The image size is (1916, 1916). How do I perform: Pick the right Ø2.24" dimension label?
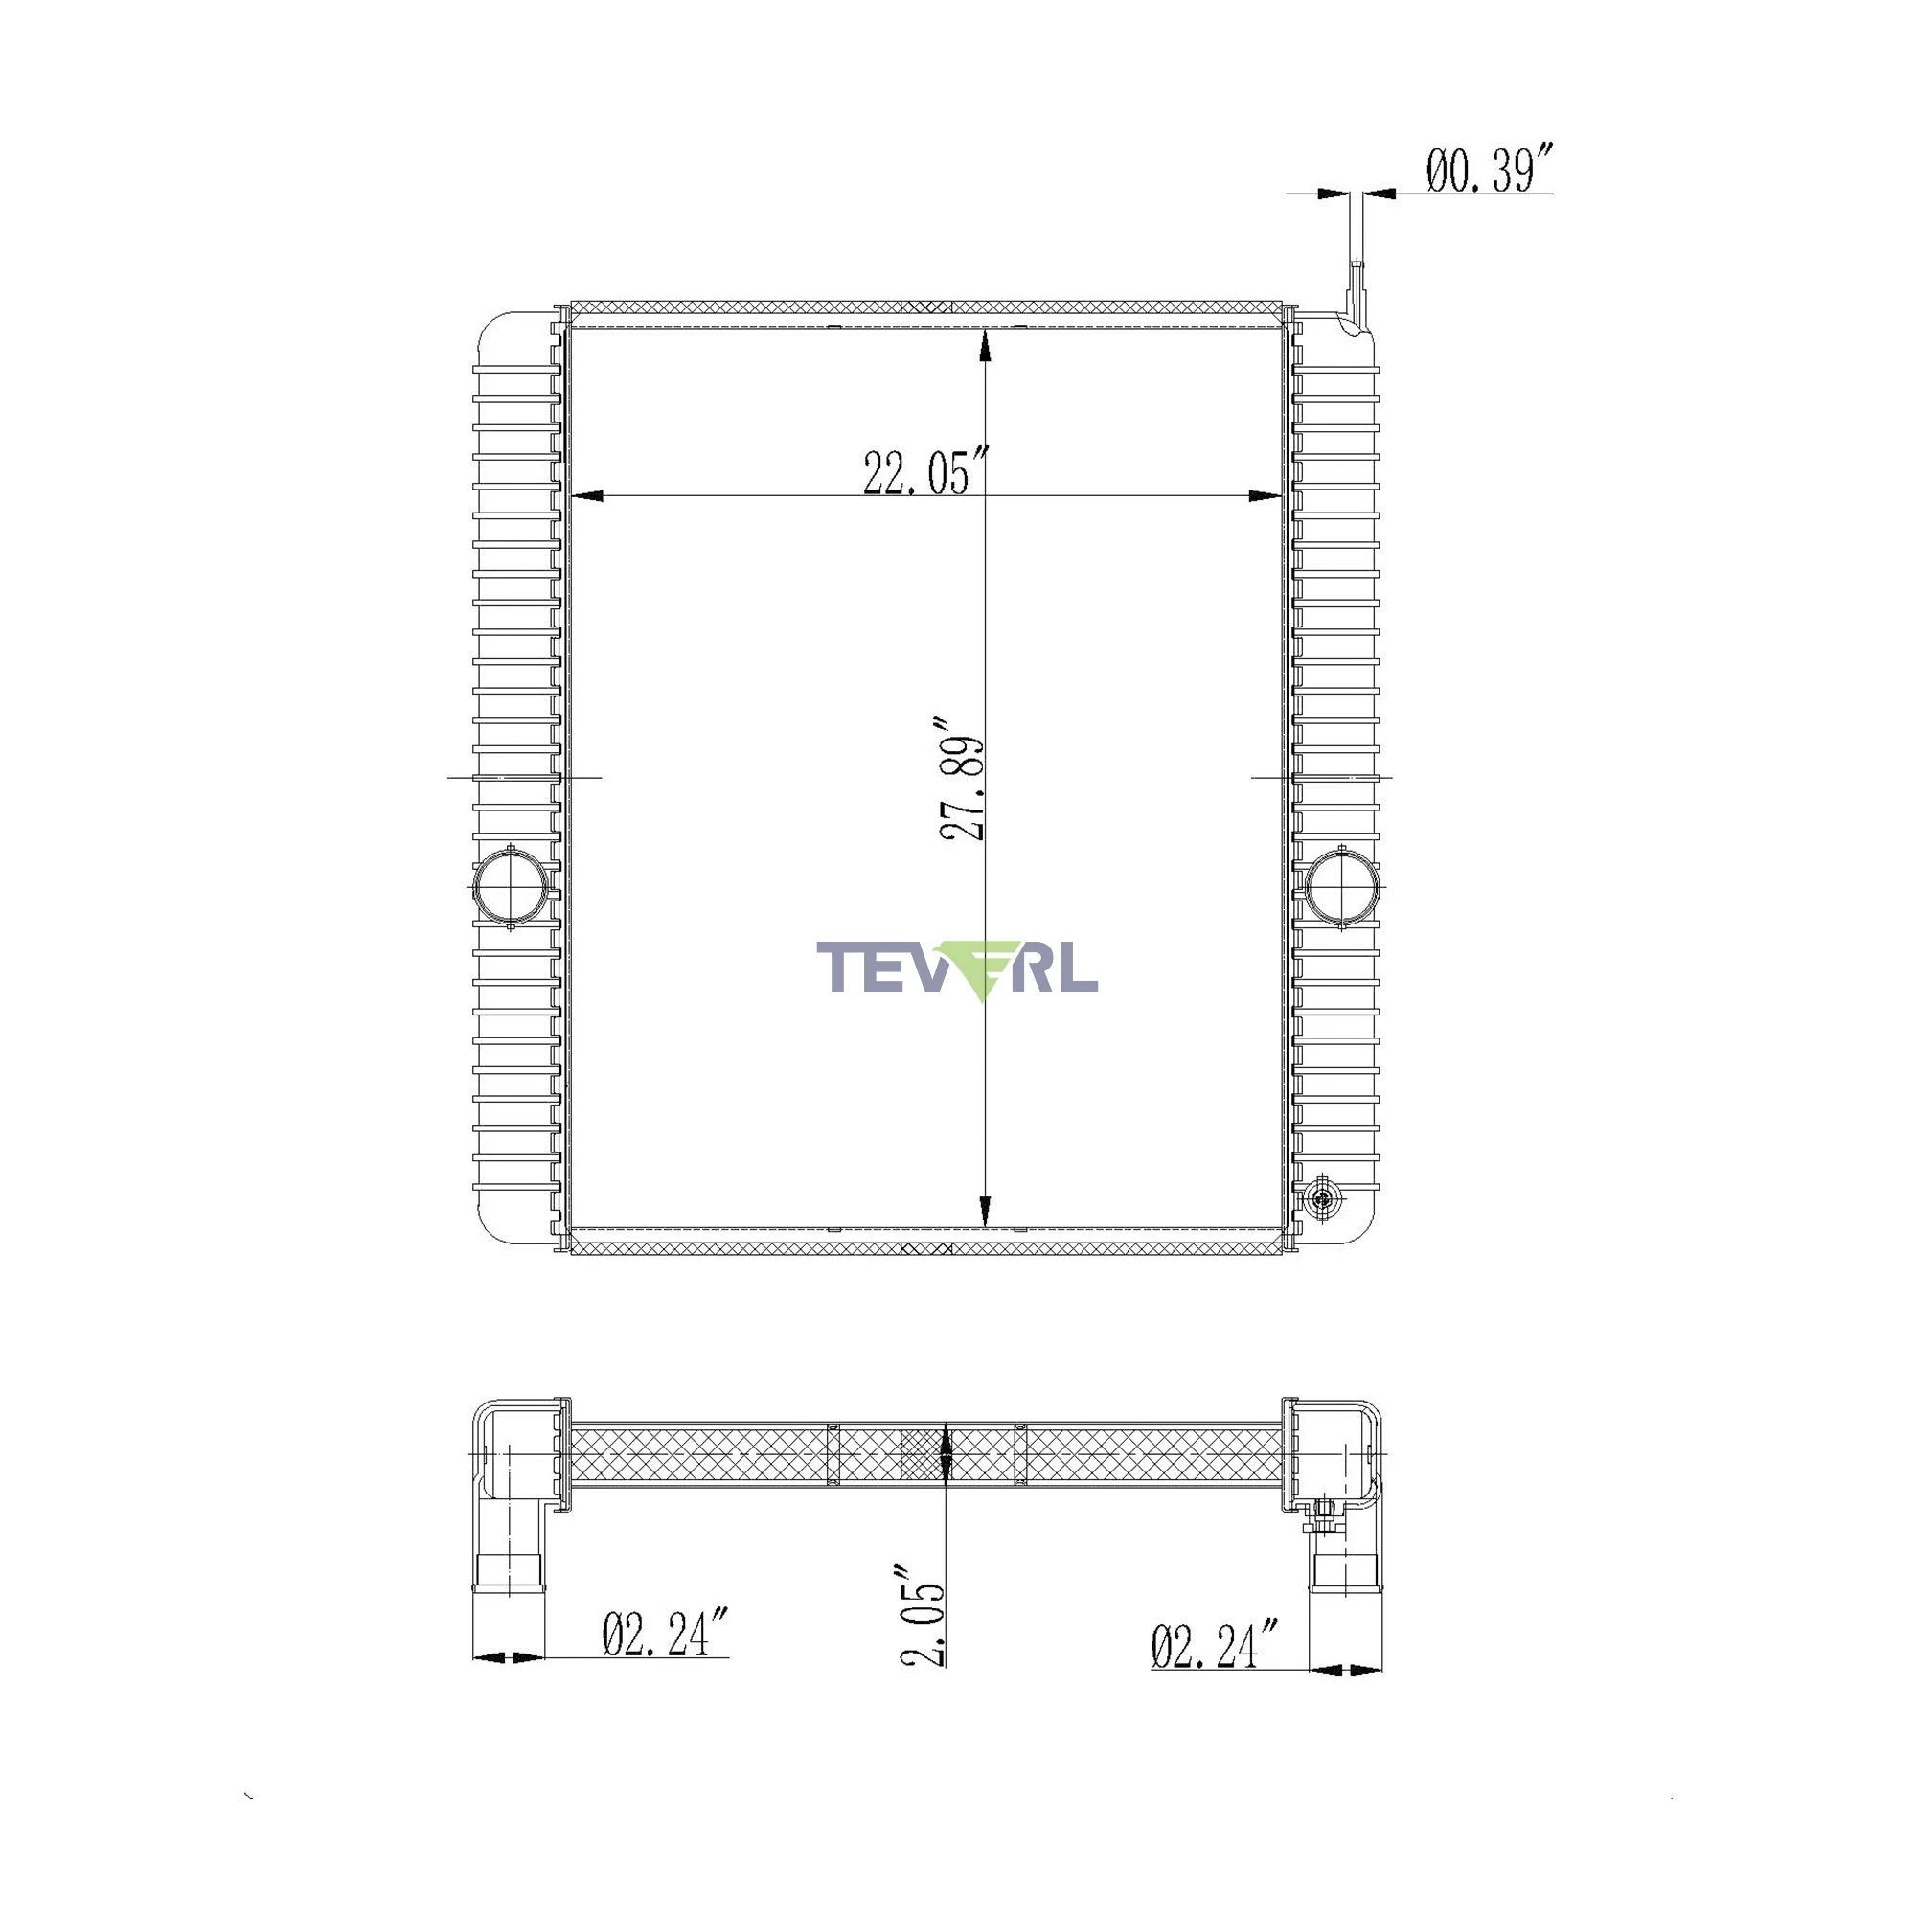(1215, 1645)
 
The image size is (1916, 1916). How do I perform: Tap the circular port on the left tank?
(511, 885)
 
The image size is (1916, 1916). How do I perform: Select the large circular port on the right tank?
(1342, 885)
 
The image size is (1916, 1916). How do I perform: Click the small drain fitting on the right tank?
(1321, 1199)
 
